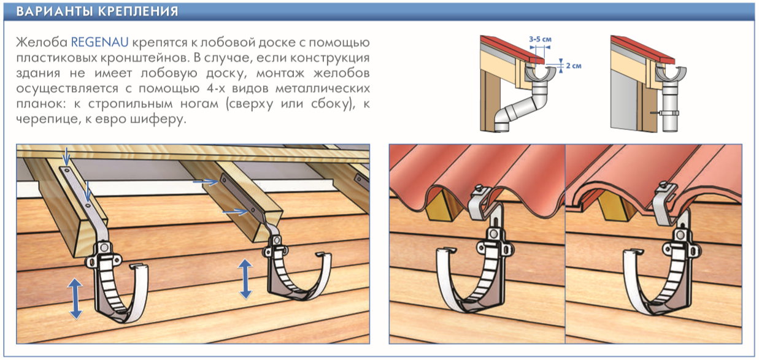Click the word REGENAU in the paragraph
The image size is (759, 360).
point(99,42)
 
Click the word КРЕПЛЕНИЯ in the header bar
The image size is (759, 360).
point(138,11)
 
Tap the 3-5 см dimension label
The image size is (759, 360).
point(540,39)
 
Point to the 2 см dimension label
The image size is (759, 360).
point(574,66)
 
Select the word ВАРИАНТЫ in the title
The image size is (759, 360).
point(55,11)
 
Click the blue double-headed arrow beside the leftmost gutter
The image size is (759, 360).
point(75,298)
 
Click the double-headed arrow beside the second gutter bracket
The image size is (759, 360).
point(245,279)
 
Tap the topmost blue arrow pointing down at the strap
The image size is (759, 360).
point(66,156)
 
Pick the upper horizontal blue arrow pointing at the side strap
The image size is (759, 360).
point(206,182)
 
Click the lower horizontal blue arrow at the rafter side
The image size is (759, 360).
point(235,212)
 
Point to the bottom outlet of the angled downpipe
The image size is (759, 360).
point(502,128)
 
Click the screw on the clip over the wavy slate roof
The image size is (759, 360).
point(479,187)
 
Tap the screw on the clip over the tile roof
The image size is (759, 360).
point(664,185)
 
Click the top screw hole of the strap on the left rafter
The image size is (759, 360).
point(67,170)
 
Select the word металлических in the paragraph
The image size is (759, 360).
point(322,88)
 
